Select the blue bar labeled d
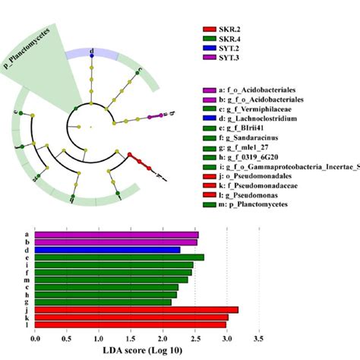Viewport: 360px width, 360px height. pyautogui.click(x=107, y=249)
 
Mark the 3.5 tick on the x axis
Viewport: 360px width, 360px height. pyautogui.click(x=259, y=337)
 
